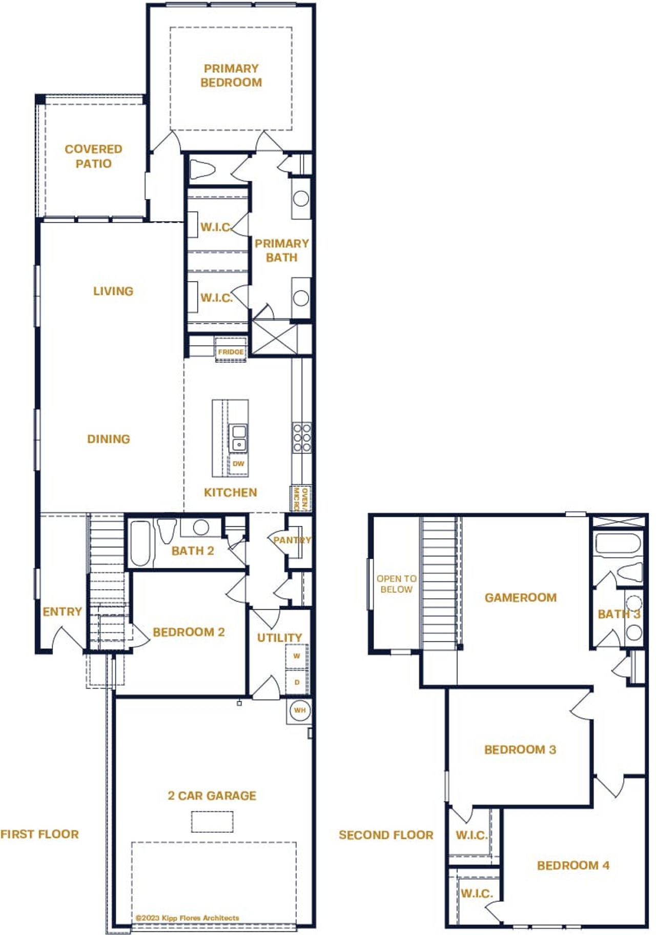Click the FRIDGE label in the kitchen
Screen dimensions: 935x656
pos(231,352)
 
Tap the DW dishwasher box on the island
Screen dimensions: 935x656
pos(238,464)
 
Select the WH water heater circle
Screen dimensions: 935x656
pos(300,710)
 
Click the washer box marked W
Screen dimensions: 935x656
pos(297,656)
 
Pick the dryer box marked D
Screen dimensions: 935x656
pos(297,682)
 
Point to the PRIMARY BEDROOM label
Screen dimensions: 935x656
pos(231,75)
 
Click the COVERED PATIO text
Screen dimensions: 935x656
pos(93,156)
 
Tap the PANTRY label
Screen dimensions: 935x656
pos(292,540)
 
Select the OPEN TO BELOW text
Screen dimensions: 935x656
pos(396,584)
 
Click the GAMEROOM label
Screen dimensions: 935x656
pos(520,598)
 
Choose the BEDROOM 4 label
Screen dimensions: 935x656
pos(573,865)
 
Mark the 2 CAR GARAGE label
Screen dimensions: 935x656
pos(212,795)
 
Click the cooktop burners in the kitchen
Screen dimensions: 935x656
pos(302,437)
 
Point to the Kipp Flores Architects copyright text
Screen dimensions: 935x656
pos(188,918)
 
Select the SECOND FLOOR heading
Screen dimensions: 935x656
pos(386,834)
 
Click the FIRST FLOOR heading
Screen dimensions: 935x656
pos(40,834)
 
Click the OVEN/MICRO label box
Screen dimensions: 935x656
pos(300,499)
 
